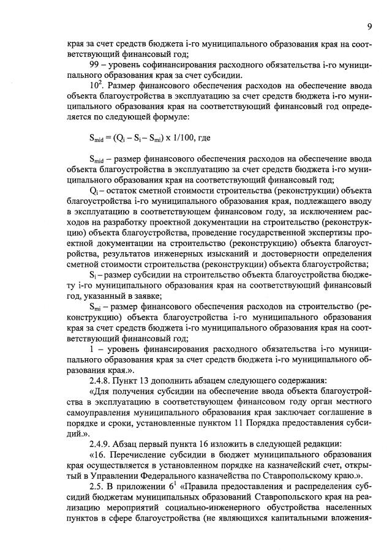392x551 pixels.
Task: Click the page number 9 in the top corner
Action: pyautogui.click(x=370, y=26)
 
